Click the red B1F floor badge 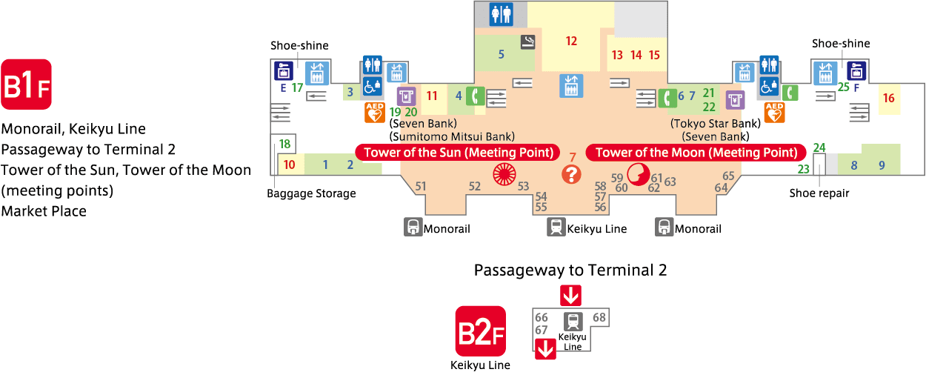(x=26, y=84)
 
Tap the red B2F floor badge (x=480, y=331)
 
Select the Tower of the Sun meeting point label (x=458, y=152)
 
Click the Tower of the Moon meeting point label (x=696, y=152)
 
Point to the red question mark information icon (x=571, y=174)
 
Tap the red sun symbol (x=504, y=174)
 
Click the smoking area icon (x=527, y=42)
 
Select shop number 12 (x=571, y=41)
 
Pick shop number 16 (x=889, y=98)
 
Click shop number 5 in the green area (x=501, y=54)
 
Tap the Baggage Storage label (x=311, y=193)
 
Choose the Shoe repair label (x=819, y=193)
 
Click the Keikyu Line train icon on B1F (x=556, y=227)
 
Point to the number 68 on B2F (x=599, y=317)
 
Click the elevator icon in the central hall (x=571, y=85)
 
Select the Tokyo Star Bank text (x=715, y=123)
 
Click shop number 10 (x=290, y=165)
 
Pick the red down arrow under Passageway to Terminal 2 (x=571, y=295)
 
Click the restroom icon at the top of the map (x=501, y=15)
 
